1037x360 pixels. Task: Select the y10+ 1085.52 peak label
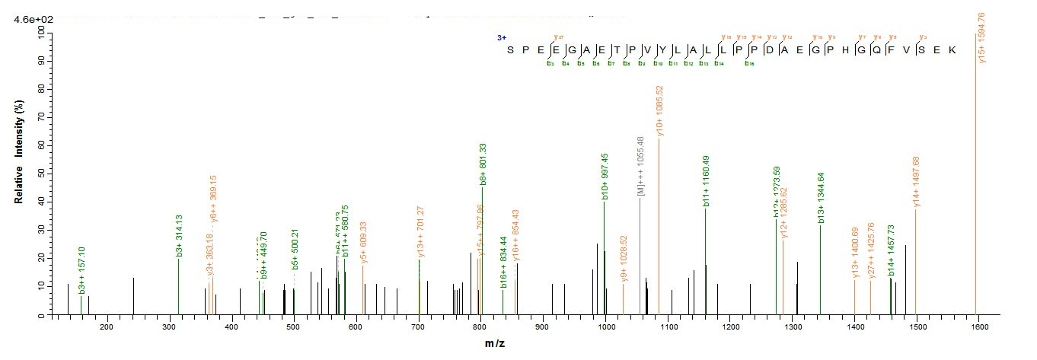(x=660, y=111)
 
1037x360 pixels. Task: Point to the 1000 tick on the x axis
(x=606, y=327)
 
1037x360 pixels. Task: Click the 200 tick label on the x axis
(x=107, y=327)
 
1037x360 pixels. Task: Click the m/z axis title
(x=496, y=345)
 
